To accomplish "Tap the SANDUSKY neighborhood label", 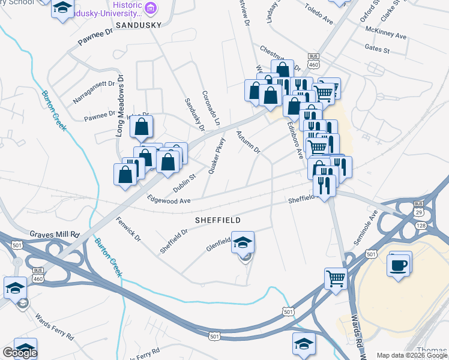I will click(x=139, y=26).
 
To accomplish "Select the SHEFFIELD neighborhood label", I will click(x=218, y=220).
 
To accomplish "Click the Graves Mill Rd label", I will click(x=55, y=234).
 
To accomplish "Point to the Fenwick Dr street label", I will click(x=128, y=229).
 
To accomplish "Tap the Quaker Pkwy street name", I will click(x=216, y=157).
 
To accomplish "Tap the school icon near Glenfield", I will click(x=243, y=242).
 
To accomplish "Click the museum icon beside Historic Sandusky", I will click(x=150, y=8).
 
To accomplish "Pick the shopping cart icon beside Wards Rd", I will click(x=335, y=278).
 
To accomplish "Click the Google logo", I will click(x=20, y=353).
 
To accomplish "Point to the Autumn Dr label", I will click(x=248, y=142).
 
